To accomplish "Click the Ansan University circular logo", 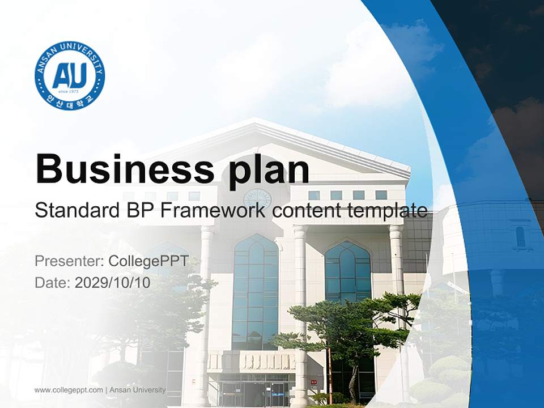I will click(70, 75).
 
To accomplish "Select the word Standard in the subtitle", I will click(74, 211).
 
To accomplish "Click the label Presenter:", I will click(69, 261).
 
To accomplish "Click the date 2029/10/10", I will click(113, 282).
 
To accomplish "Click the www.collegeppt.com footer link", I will click(69, 390).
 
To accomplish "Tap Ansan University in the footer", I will click(138, 390).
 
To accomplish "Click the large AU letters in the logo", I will click(70, 75).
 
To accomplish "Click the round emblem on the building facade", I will click(257, 199).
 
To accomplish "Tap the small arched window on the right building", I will click(520, 236).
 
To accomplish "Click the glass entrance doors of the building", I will click(255, 393).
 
